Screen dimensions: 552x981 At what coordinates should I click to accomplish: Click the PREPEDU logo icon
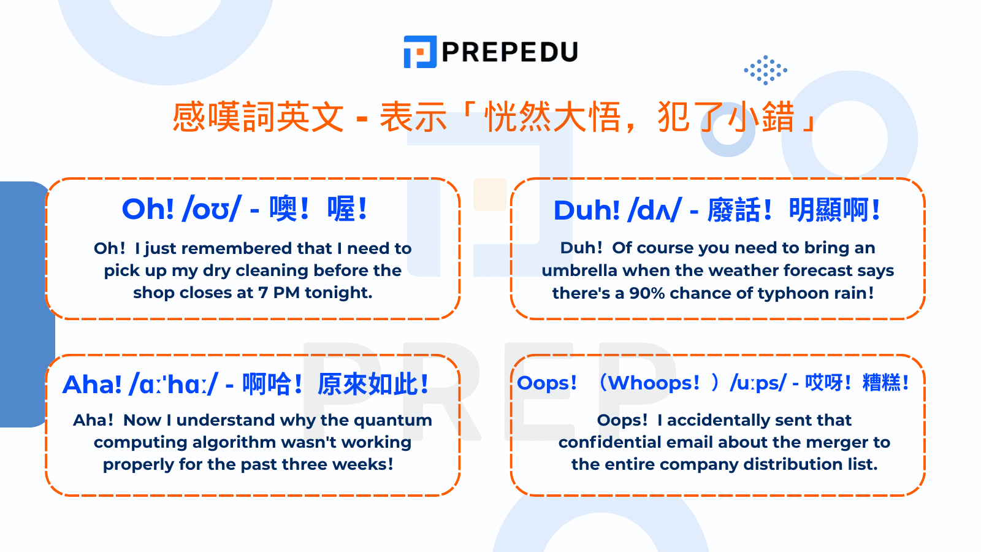tap(420, 52)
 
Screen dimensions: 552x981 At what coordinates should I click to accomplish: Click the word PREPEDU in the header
tap(510, 52)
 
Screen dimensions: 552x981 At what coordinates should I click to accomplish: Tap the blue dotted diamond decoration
tap(765, 70)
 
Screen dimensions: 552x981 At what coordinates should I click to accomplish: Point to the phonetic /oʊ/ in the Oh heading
tap(212, 209)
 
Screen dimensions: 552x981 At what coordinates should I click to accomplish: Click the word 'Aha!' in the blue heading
tap(93, 385)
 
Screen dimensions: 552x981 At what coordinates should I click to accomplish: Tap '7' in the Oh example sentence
tap(263, 293)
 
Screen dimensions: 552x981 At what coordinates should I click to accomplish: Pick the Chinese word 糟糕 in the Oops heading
tap(881, 383)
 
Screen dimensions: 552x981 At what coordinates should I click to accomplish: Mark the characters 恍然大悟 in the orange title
tap(552, 117)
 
